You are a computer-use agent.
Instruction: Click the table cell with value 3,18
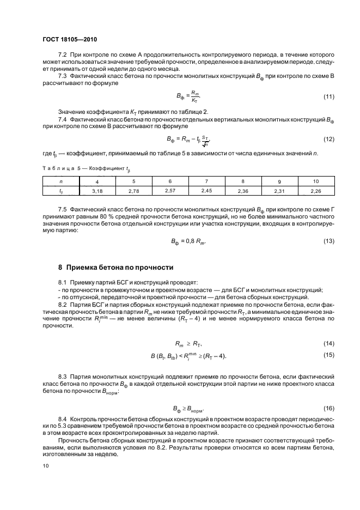click(97, 191)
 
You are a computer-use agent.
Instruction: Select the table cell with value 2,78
click(133, 191)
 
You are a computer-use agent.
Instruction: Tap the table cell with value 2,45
click(206, 191)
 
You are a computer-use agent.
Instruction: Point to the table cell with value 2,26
click(316, 191)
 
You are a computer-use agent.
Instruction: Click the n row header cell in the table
click(60, 181)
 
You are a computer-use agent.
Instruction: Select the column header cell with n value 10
click(316, 181)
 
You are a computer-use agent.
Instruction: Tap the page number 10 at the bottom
click(45, 466)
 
